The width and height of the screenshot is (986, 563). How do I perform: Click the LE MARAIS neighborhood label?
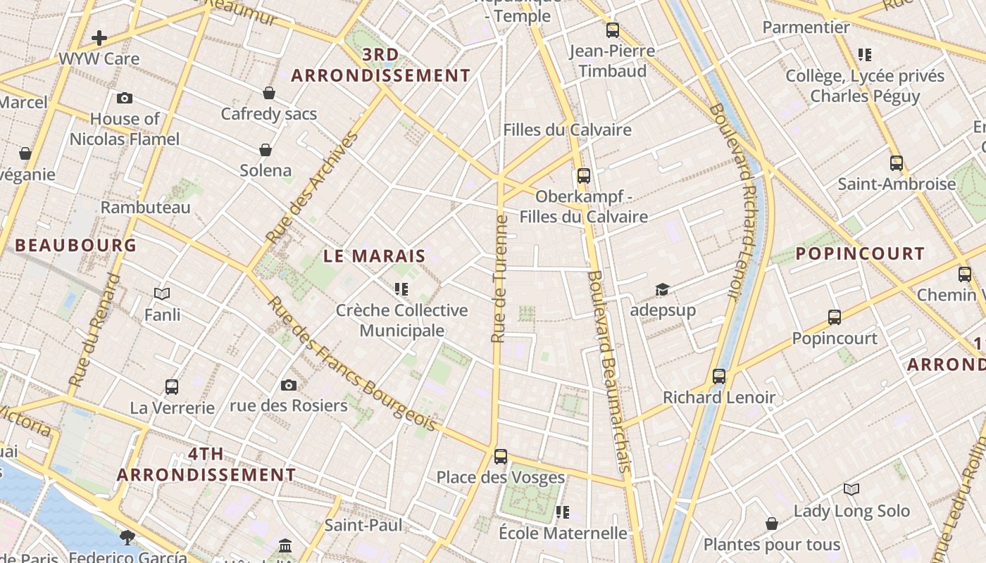point(375,256)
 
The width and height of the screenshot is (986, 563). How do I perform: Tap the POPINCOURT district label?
point(860,254)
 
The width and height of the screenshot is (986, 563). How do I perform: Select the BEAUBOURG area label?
point(76,246)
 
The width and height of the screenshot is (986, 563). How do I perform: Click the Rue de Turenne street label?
point(500,279)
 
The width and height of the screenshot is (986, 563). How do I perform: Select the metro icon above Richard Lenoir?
point(718,377)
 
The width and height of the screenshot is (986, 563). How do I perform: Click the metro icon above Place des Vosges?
point(501,457)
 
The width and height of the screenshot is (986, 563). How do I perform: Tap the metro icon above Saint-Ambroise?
point(897,163)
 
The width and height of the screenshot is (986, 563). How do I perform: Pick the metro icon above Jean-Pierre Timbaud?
point(612,30)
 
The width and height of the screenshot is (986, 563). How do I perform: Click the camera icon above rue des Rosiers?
point(289,385)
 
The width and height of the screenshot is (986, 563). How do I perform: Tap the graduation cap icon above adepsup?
point(662,289)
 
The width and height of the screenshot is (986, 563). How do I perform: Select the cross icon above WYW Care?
point(99,37)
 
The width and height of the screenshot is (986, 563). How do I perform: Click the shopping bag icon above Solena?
point(266,150)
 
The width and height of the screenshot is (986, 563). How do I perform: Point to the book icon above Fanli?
point(162,293)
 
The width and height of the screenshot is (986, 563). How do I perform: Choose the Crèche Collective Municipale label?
point(401,320)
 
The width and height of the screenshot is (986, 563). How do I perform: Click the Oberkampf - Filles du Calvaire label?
point(583,206)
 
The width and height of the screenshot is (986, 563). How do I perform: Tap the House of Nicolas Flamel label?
point(125,129)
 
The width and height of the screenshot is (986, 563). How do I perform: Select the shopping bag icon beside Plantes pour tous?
point(772,524)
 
